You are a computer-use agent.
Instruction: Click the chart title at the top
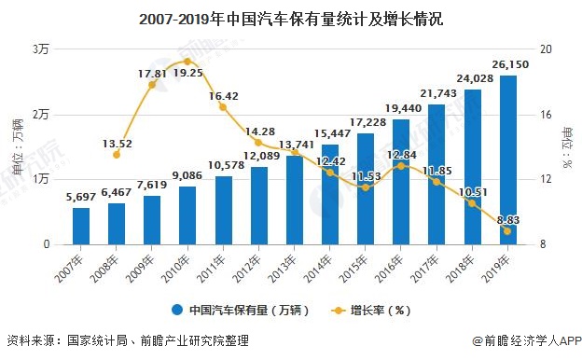click(291, 19)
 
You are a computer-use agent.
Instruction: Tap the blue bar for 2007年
click(81, 227)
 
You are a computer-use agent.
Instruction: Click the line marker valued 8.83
click(507, 231)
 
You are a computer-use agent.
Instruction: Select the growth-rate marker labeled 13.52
click(117, 155)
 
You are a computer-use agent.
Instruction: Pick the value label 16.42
click(223, 95)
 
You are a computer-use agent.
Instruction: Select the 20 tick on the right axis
click(547, 49)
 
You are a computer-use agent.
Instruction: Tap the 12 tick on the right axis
click(547, 179)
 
